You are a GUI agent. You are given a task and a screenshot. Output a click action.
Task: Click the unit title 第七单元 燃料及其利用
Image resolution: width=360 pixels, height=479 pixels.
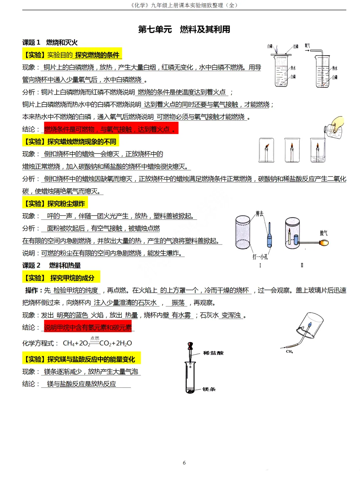coord(184,29)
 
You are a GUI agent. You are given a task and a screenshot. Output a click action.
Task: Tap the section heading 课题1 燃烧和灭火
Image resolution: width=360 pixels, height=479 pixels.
coord(50,42)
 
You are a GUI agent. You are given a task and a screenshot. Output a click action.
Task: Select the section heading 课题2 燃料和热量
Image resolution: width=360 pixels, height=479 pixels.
coord(52,266)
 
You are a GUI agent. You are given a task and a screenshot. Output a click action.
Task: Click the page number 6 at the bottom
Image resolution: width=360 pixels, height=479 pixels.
coord(184,463)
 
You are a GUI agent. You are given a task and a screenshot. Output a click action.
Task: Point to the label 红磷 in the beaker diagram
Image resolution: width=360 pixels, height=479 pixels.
coord(296,46)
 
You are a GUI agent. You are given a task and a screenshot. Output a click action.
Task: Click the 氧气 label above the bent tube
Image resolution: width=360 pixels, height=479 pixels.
coord(307,45)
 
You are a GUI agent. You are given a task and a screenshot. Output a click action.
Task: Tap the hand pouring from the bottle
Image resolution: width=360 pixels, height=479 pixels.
coord(338,123)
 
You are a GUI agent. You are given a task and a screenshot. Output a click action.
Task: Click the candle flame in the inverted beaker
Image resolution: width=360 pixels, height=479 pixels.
coord(267,146)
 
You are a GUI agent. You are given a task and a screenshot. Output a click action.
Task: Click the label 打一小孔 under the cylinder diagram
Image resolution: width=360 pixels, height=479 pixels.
coord(260,257)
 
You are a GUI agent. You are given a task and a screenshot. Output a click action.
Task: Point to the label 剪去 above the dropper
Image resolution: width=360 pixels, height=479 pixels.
coord(259,213)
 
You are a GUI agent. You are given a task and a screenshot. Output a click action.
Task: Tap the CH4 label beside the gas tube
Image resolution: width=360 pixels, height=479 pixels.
coord(289,352)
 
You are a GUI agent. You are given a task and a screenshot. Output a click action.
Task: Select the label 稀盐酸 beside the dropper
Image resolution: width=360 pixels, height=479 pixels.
coord(213,353)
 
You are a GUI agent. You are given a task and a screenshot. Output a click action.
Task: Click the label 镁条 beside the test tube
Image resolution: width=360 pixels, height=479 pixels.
coord(209,389)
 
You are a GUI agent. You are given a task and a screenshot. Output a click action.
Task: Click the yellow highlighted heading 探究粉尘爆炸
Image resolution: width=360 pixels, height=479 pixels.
coord(55,203)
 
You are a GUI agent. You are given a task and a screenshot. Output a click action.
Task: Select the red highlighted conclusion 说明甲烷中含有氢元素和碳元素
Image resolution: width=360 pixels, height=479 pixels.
coord(88,328)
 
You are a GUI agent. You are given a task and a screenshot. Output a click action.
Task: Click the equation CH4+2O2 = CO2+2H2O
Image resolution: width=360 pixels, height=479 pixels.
coord(97,343)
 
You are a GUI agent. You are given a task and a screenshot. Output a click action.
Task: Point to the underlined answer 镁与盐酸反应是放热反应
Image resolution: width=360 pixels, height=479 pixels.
coord(82,384)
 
